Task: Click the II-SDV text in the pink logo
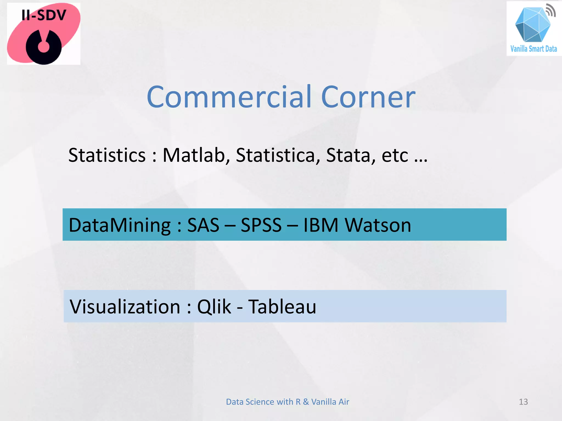click(x=44, y=15)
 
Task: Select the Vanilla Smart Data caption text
click(x=533, y=49)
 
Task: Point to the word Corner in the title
click(x=368, y=97)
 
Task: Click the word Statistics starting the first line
click(x=107, y=155)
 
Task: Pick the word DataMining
click(x=120, y=225)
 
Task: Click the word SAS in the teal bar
click(x=203, y=225)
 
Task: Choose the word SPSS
click(x=261, y=225)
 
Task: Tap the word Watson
click(x=378, y=225)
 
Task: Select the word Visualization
click(x=125, y=307)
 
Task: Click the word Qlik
click(x=214, y=307)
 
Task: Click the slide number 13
click(x=523, y=402)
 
